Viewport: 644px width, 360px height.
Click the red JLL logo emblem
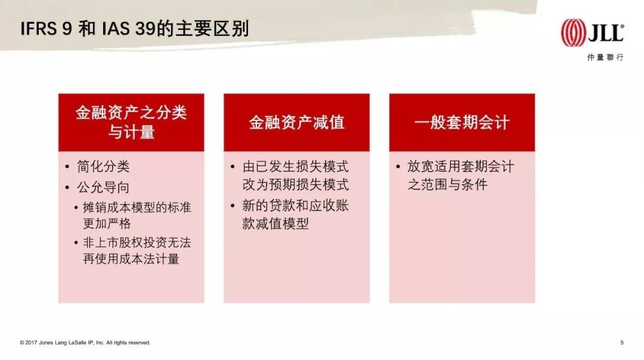(x=574, y=33)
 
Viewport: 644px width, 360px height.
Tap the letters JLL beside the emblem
(x=606, y=33)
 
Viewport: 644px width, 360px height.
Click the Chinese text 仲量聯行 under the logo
(x=605, y=57)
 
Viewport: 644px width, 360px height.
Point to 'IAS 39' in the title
(x=128, y=29)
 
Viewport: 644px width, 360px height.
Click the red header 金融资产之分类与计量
(x=131, y=122)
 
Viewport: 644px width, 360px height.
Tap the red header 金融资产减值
(x=296, y=122)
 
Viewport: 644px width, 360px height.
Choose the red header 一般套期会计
(x=462, y=122)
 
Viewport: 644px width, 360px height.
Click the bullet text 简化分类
(x=103, y=166)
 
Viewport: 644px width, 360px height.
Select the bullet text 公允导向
(x=103, y=187)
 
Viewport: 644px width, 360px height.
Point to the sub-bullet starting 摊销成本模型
(x=137, y=216)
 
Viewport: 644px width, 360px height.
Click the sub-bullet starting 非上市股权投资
(x=137, y=251)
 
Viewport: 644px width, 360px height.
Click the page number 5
(x=622, y=342)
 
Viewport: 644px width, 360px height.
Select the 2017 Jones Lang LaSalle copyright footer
(x=85, y=342)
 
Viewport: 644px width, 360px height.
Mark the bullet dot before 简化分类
(x=67, y=167)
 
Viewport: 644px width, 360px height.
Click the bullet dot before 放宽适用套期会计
(x=398, y=167)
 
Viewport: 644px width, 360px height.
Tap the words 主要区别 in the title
(x=212, y=29)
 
